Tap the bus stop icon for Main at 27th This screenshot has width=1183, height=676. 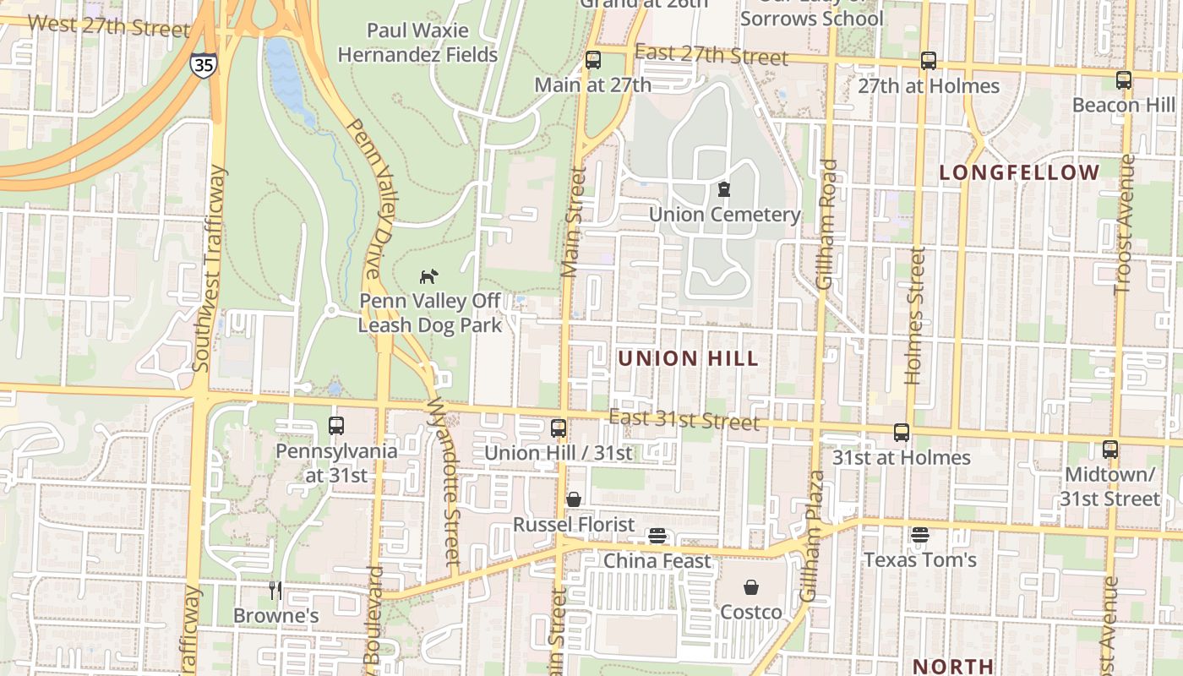click(593, 60)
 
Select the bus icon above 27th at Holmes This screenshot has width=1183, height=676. click(929, 61)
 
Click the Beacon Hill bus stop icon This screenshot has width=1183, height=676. click(1123, 80)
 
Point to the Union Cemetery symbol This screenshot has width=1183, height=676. click(723, 189)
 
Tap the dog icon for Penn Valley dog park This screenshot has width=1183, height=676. click(429, 276)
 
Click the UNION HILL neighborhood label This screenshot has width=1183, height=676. click(688, 358)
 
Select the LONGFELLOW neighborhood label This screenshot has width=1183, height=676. click(1020, 173)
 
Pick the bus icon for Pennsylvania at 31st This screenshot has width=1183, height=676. click(335, 426)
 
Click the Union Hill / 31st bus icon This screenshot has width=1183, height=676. click(558, 428)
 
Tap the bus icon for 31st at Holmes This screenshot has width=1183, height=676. click(902, 433)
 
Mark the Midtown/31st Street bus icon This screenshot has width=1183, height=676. click(1110, 450)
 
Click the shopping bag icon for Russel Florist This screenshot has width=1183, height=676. click(574, 499)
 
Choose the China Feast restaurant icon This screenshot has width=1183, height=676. click(657, 536)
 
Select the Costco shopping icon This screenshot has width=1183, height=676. click(751, 587)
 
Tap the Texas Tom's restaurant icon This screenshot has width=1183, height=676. click(920, 535)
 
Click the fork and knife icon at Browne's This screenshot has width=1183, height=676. click(275, 590)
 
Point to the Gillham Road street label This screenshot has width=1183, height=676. click(827, 224)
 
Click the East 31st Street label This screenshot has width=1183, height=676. click(684, 419)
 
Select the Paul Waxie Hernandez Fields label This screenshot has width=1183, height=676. click(417, 43)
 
